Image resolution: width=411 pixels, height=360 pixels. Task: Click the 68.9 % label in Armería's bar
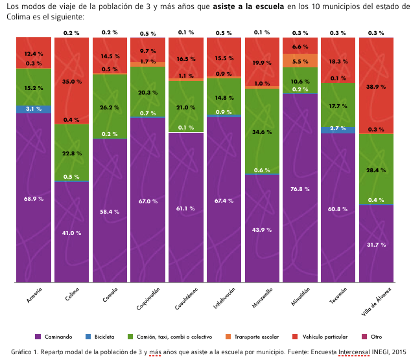click(34, 199)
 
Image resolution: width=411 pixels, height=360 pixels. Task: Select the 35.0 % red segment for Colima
click(72, 82)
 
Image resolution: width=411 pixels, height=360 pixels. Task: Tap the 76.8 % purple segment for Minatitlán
click(300, 189)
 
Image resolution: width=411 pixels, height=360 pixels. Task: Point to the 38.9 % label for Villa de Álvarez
click(377, 87)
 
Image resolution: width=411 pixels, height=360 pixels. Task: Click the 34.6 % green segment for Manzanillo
click(262, 132)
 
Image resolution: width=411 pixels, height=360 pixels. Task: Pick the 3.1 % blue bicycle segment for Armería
click(34, 109)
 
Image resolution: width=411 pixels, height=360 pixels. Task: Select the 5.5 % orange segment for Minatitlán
click(300, 62)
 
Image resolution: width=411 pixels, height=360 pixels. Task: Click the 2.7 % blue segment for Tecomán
click(338, 129)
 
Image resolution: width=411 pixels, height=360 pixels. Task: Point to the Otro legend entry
click(376, 336)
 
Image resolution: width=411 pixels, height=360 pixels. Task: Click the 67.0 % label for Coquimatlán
click(148, 201)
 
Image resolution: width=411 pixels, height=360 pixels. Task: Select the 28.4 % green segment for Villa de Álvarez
click(377, 170)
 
